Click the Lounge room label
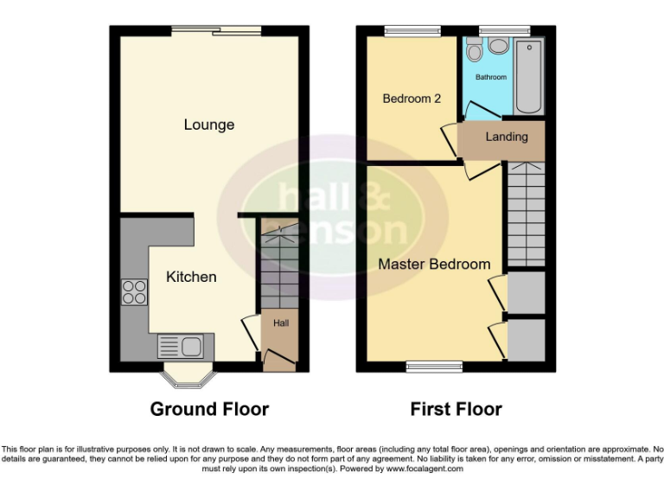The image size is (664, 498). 209,125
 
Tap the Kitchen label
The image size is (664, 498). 191,277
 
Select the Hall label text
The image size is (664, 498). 281,323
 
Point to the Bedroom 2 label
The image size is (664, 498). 412,99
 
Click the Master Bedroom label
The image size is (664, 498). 434,264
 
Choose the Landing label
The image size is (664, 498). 506,137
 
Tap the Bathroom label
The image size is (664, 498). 491,78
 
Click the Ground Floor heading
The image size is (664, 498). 209,409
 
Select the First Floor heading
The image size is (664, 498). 456,409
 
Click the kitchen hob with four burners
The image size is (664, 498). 134,292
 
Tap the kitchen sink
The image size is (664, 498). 180,347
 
